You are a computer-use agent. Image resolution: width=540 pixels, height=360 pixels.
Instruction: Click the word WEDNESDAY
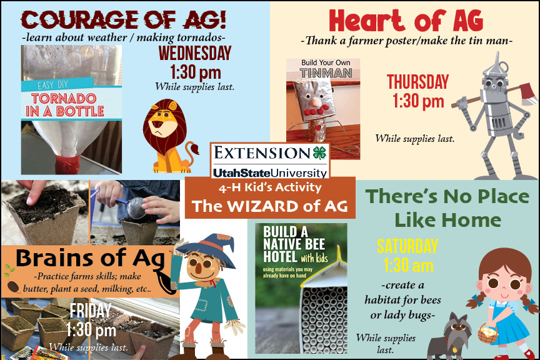point(195,53)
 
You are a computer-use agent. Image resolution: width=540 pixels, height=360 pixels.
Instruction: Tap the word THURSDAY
point(417,82)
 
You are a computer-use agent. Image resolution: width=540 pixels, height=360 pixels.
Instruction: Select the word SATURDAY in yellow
point(407,246)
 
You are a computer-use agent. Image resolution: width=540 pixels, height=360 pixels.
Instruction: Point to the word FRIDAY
point(90,311)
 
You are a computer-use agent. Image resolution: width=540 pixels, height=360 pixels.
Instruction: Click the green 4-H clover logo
point(319,153)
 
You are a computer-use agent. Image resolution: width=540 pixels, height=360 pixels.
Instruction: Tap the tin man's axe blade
point(529,94)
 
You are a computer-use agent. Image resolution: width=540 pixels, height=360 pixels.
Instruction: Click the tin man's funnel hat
point(496,66)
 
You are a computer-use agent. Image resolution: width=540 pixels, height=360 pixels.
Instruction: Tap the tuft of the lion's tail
point(194,149)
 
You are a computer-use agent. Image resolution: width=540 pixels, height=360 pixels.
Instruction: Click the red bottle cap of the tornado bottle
point(67,164)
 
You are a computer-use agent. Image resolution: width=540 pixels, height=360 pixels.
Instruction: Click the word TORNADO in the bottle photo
point(64,99)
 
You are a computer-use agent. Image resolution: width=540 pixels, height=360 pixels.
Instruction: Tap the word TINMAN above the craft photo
point(326,73)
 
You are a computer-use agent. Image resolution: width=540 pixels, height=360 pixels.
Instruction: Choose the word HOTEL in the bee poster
point(280,257)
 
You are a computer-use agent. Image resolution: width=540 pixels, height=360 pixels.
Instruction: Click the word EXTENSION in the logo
point(262,153)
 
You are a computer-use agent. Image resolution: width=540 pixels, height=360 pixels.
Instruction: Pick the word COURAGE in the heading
point(80,19)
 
